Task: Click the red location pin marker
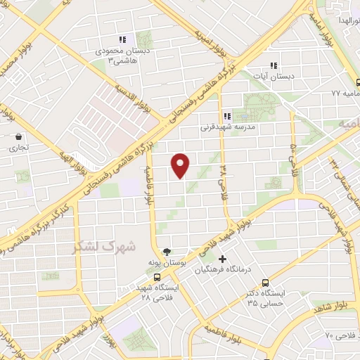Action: click(x=181, y=165)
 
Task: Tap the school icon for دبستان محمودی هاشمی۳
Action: click(x=122, y=40)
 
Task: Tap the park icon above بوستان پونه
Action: click(x=167, y=251)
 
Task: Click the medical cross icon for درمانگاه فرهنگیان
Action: click(x=223, y=259)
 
